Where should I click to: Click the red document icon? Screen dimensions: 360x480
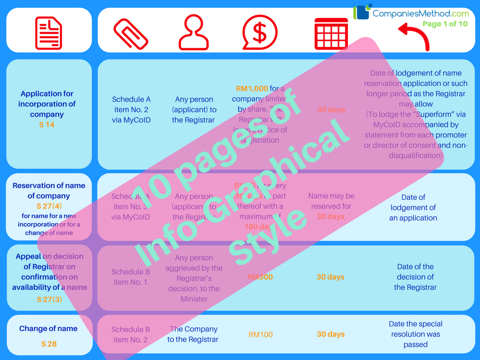coord(49,33)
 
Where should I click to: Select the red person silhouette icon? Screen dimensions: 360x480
coord(194,32)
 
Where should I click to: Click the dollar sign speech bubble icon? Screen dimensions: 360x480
coord(259,32)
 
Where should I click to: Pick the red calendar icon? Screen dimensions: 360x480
coord(331,33)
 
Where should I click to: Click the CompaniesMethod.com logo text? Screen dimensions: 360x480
coord(420,14)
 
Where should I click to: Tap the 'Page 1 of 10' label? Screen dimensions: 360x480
coord(445,24)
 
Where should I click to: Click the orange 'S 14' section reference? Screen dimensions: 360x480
coord(47,125)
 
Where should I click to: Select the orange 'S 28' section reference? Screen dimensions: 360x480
coord(49,344)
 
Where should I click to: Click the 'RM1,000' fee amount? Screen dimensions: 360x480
coord(252,89)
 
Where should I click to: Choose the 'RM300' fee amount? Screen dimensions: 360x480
coord(260,277)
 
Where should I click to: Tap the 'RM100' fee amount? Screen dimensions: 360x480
coord(261,335)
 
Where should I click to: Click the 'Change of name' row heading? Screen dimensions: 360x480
coord(48,329)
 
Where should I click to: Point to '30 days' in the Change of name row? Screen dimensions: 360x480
coord(330,334)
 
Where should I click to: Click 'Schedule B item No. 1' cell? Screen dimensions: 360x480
coord(131,277)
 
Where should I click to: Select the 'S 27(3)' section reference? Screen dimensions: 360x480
coord(49,299)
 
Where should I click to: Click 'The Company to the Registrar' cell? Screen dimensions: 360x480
coord(194,334)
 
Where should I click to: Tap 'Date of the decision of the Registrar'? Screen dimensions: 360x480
coord(415,277)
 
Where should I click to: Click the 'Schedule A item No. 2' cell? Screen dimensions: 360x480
coord(131,110)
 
